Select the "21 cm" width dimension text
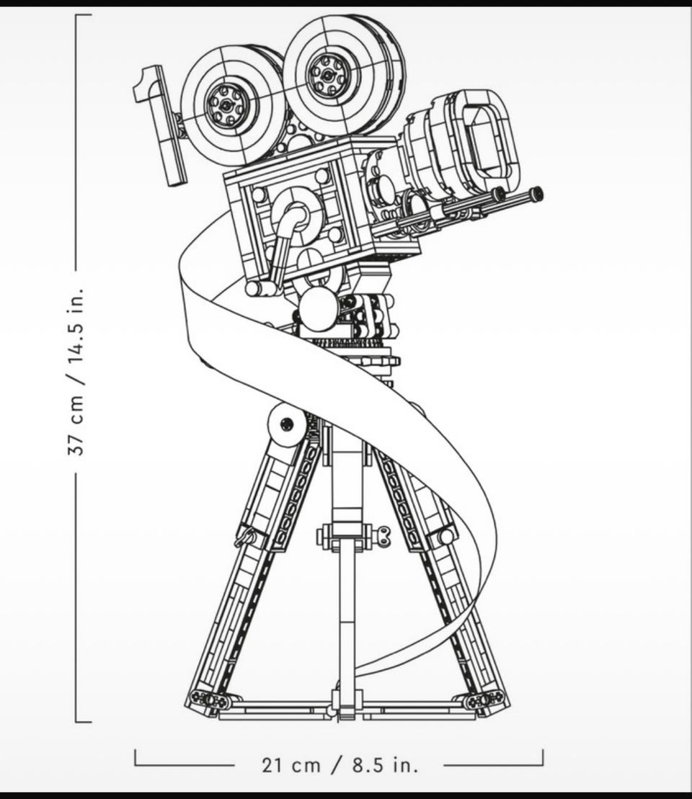[291, 765]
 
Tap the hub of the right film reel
[327, 75]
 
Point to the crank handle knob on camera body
[254, 289]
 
